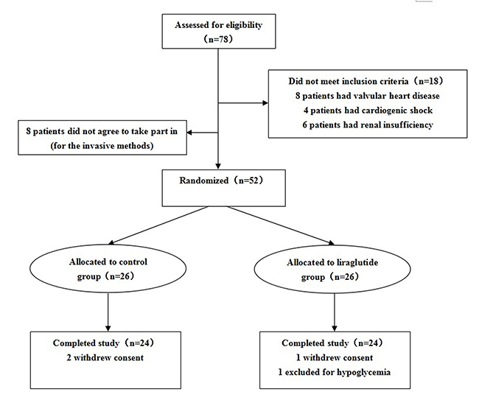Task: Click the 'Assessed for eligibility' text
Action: [x=218, y=25]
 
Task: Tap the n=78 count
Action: [x=218, y=39]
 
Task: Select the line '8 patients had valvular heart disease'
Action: [x=368, y=96]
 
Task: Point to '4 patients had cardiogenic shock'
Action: [x=368, y=110]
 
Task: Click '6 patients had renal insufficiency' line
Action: [x=368, y=125]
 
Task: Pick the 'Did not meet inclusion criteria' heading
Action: [x=349, y=81]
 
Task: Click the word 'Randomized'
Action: [x=203, y=180]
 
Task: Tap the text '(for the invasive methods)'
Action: [x=102, y=146]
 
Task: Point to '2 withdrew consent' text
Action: [x=105, y=357]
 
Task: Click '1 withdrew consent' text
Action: [x=335, y=357]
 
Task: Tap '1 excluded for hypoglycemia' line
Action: [x=335, y=372]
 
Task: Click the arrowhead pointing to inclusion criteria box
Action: [x=265, y=103]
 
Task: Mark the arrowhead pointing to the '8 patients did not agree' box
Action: [x=189, y=133]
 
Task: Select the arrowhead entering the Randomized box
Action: [x=218, y=166]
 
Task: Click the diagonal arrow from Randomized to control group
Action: [x=158, y=225]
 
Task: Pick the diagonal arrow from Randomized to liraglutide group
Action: [x=281, y=225]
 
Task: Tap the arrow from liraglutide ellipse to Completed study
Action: [x=335, y=312]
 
